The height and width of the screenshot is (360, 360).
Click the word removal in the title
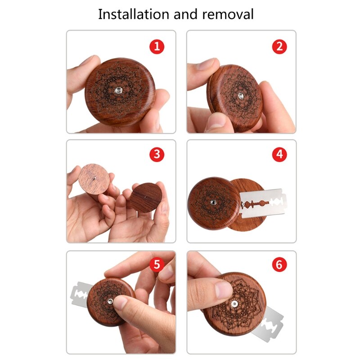point(228,14)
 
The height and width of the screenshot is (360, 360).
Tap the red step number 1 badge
point(157,46)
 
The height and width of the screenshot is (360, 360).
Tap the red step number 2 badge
point(279,46)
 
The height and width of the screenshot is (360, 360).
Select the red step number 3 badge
point(157,154)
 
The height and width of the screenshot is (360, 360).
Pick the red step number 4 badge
point(279,154)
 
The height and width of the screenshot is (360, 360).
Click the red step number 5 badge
point(157,265)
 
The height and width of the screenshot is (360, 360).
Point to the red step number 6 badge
point(279,265)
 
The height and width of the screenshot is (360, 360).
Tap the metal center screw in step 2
point(240,95)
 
